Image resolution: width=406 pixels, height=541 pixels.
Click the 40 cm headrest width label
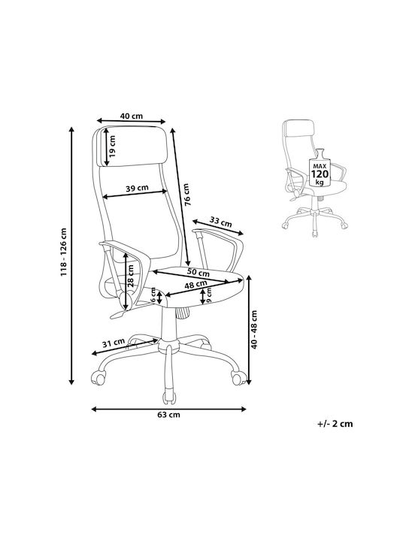click(x=131, y=116)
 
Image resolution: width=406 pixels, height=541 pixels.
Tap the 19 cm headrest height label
click(x=112, y=146)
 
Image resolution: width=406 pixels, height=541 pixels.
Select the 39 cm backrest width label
click(x=137, y=188)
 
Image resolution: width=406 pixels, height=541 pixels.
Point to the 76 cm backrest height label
click(x=186, y=195)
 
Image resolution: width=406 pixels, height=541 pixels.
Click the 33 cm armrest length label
click(x=220, y=222)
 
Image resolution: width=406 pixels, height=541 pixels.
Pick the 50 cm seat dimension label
click(x=198, y=272)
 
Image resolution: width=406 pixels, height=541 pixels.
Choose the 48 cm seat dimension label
click(x=195, y=285)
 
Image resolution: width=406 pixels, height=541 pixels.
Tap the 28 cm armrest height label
click(x=130, y=276)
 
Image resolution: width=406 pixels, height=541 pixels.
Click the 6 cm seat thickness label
click(x=153, y=295)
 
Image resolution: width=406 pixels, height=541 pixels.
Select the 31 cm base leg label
click(x=114, y=343)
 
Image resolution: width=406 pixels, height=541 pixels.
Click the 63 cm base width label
click(x=169, y=414)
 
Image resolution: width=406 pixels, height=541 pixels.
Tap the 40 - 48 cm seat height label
click(x=254, y=330)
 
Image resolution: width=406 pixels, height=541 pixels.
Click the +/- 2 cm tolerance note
click(x=335, y=423)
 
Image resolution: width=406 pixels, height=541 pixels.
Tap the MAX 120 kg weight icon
click(x=320, y=168)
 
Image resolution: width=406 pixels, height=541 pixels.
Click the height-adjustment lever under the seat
click(x=118, y=314)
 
